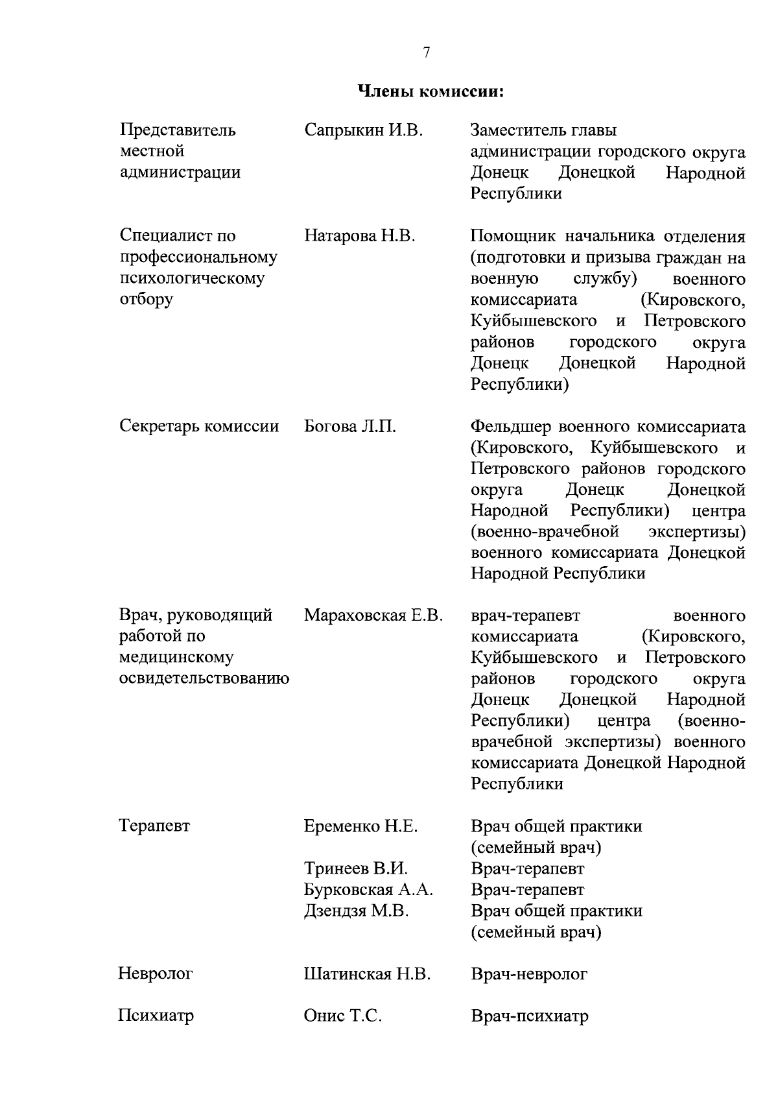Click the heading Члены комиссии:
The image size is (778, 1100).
tap(431, 91)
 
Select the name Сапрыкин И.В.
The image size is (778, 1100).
tap(363, 130)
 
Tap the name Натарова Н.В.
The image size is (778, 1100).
tap(359, 236)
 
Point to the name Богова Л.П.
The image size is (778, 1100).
tap(349, 427)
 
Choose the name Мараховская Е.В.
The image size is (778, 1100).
tap(373, 615)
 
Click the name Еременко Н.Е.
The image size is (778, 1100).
tap(360, 826)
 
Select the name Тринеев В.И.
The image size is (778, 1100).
tap(356, 868)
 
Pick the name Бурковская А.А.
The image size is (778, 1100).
tap(368, 890)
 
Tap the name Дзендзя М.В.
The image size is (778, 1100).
tap(357, 911)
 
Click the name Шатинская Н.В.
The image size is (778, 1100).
tap(367, 974)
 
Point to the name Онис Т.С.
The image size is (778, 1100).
tap(342, 1016)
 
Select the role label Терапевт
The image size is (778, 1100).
tap(154, 826)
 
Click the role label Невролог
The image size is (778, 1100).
tap(156, 974)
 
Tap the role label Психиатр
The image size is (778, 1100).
tap(156, 1016)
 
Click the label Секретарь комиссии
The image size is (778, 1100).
tap(199, 427)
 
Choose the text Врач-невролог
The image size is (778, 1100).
tap(529, 974)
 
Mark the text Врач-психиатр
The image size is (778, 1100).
tap(530, 1016)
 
